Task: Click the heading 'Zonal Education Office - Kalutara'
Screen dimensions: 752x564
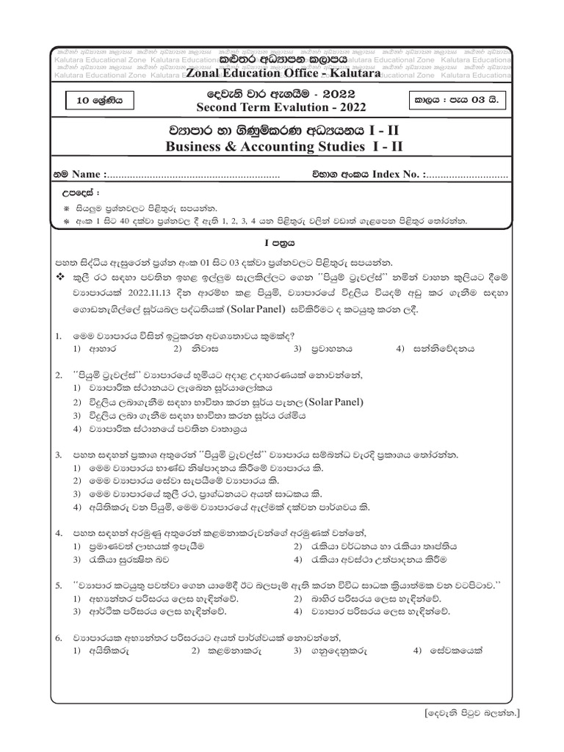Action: coord(283,73)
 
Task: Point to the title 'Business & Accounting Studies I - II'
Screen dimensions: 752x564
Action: coord(282,147)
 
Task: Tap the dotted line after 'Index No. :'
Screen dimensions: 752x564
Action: coord(467,176)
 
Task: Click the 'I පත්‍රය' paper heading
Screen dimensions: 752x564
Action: coord(282,242)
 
